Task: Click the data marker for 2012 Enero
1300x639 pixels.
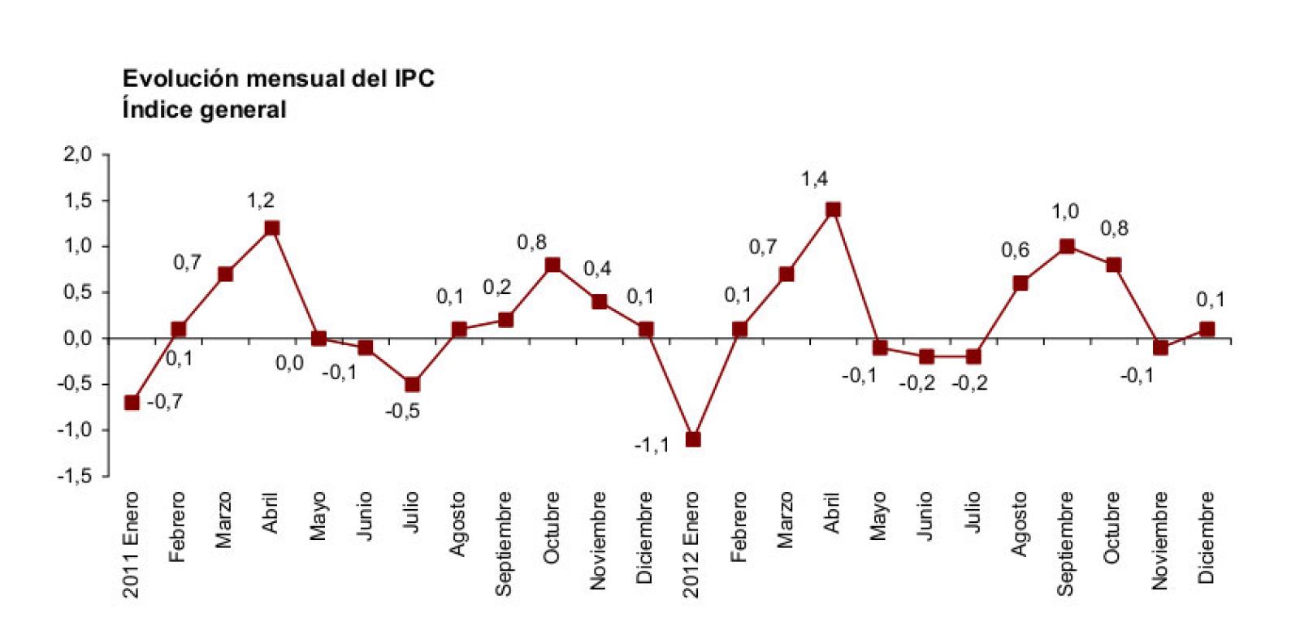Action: (x=692, y=439)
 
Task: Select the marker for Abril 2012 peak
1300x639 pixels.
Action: (x=833, y=209)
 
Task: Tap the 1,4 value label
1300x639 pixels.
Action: (x=814, y=179)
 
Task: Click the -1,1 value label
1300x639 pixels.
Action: (x=652, y=445)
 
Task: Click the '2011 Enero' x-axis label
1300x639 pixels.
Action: (x=131, y=544)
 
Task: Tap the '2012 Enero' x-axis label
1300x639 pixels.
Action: (x=691, y=544)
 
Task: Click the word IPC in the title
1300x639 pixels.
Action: (x=414, y=79)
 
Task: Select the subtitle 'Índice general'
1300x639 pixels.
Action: (x=204, y=109)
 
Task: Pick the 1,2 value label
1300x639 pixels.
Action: (x=261, y=201)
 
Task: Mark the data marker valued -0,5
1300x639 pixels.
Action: (x=412, y=384)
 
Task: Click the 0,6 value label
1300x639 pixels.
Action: (x=1015, y=250)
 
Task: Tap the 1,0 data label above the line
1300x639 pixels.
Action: (x=1065, y=212)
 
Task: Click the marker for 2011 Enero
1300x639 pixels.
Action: (x=132, y=402)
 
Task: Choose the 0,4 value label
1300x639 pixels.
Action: (x=597, y=269)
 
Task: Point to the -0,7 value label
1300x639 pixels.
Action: (x=165, y=401)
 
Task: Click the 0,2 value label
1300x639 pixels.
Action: (x=496, y=287)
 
